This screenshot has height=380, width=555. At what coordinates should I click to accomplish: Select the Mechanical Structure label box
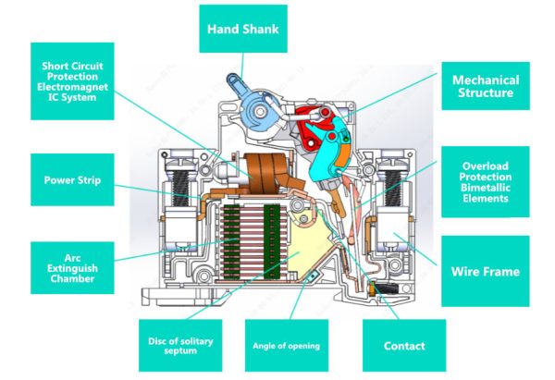coord(486,87)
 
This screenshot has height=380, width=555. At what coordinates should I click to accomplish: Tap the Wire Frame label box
coord(486,272)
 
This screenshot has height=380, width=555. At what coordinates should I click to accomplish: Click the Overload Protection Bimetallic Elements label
coord(486,183)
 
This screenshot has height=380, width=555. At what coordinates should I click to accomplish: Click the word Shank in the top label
coord(263,29)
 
